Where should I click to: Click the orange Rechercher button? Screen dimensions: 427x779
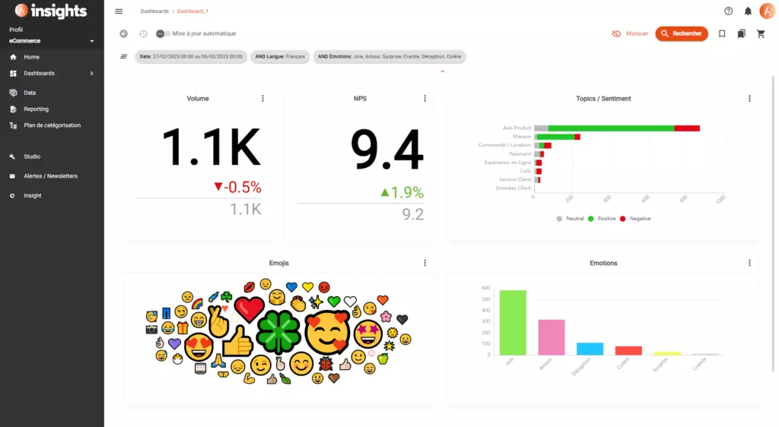(681, 33)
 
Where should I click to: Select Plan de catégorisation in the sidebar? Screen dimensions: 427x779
(52, 125)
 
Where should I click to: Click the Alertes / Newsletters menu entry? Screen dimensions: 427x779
(50, 176)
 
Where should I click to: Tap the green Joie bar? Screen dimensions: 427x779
(512, 322)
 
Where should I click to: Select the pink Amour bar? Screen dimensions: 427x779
(551, 337)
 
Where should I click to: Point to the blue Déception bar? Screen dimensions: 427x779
(590, 348)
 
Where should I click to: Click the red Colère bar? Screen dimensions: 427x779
(628, 350)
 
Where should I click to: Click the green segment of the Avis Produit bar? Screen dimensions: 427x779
(611, 128)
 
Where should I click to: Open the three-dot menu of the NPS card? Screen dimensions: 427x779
(424, 99)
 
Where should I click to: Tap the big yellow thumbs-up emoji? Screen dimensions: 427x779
(238, 342)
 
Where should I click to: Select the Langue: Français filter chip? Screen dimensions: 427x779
(279, 56)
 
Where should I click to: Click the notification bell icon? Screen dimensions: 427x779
(748, 11)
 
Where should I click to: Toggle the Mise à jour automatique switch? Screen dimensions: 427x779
(162, 33)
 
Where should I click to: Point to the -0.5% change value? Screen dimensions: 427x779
(237, 187)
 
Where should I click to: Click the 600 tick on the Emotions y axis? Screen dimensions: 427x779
(485, 289)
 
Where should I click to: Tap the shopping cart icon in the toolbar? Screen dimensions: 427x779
(761, 33)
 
